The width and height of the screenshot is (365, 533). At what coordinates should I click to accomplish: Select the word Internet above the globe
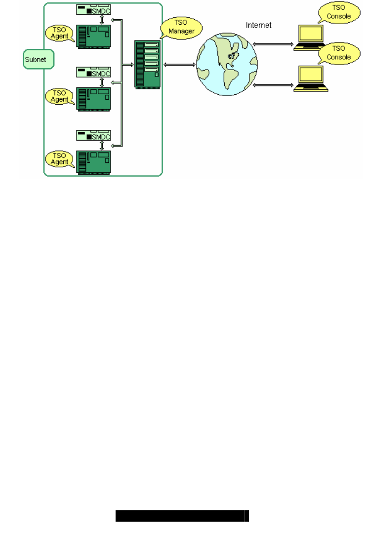pos(259,25)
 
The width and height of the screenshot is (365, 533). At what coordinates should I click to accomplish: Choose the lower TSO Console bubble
pos(338,53)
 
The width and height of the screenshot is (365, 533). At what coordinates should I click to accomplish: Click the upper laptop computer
pos(309,38)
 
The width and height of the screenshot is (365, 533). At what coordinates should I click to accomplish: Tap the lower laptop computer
pos(309,79)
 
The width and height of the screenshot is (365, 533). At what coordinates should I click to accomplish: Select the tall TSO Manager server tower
pos(148,65)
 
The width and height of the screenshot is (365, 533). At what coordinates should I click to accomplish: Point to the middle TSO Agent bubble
pos(60,96)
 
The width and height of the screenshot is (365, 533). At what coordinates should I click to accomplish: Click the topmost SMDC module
pos(93,9)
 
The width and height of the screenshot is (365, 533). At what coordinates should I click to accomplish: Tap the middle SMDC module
pos(93,73)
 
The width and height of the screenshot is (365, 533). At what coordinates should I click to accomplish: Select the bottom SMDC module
pos(93,136)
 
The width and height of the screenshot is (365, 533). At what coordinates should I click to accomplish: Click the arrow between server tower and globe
pos(179,65)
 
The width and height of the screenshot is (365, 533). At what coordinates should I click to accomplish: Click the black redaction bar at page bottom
pos(182,516)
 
